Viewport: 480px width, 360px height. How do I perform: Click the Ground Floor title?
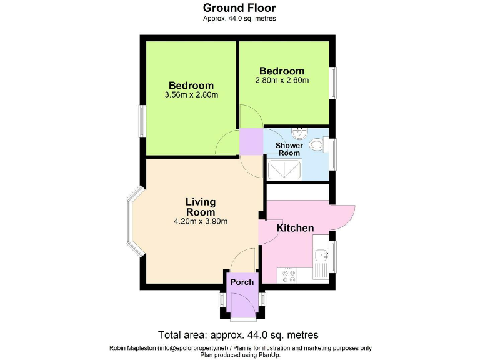(239, 8)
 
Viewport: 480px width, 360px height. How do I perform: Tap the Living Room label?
(201, 207)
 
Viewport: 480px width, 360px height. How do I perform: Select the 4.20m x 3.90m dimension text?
(200, 221)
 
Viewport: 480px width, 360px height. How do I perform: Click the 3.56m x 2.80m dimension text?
(191, 95)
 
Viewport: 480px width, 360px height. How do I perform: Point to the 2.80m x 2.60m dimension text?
(282, 81)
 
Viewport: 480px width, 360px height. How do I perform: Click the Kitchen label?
(295, 228)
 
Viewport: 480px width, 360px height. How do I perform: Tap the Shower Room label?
(289, 149)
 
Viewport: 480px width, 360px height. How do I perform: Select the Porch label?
(242, 282)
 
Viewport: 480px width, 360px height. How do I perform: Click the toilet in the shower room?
(318, 145)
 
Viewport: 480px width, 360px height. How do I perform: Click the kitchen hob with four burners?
(289, 276)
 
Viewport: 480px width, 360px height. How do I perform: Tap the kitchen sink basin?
(321, 255)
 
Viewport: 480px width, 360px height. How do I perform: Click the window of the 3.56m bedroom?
(142, 121)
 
